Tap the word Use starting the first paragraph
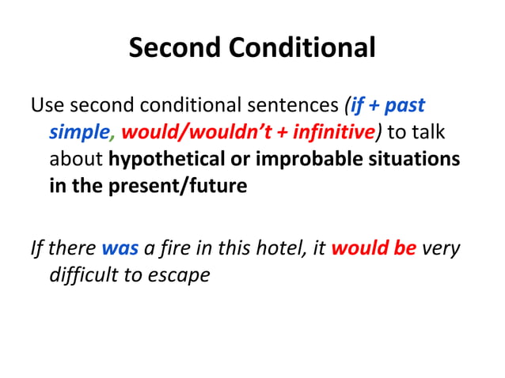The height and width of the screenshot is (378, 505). coord(45,104)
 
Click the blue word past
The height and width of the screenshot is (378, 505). coord(404,104)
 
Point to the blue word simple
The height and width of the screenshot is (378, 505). coord(78,131)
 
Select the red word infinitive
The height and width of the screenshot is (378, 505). coord(321,131)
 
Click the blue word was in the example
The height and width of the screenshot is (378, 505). coord(120,250)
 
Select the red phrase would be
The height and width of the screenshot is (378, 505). coord(374,250)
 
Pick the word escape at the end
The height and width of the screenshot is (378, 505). coord(183,277)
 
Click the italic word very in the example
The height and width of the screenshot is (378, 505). coord(441,250)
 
